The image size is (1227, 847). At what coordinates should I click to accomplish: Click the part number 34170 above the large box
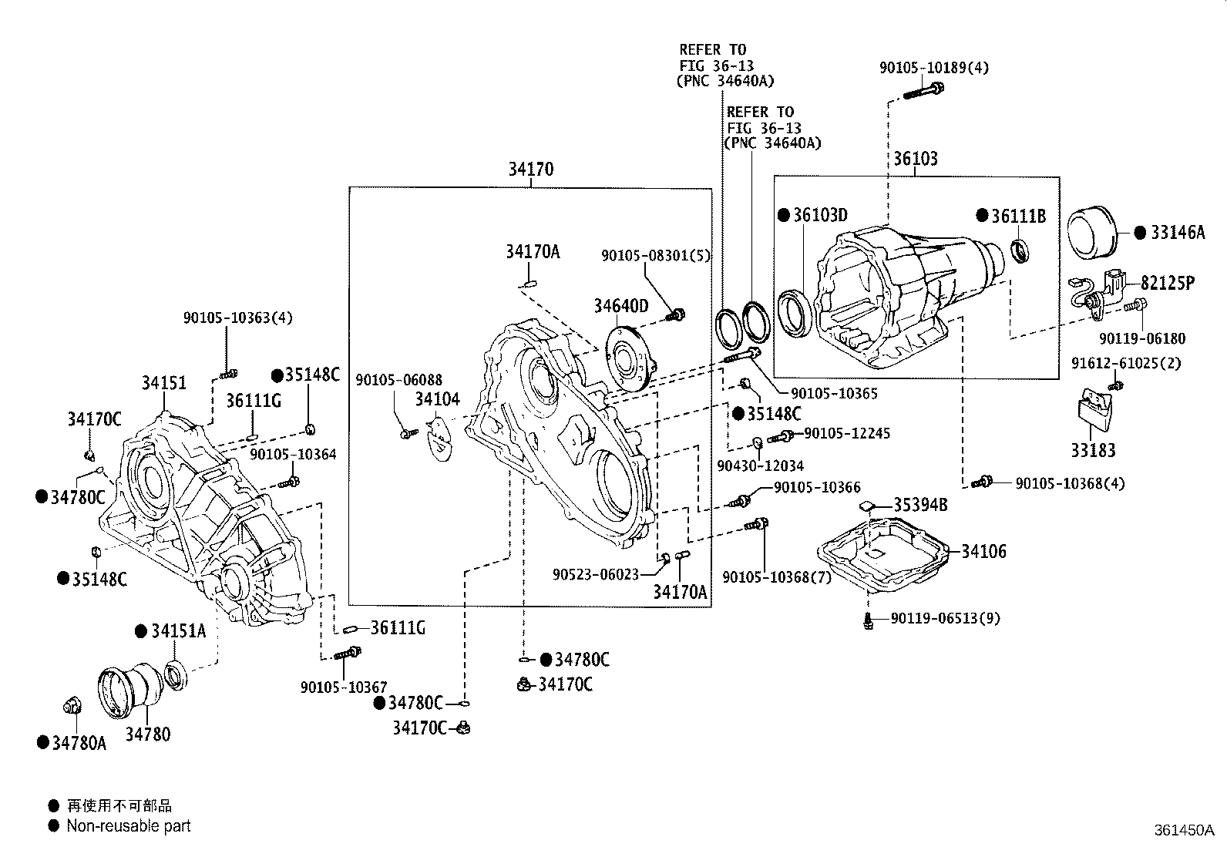click(531, 170)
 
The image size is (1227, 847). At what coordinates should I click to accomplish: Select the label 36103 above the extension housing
click(916, 159)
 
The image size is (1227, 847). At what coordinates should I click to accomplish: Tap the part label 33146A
click(1178, 233)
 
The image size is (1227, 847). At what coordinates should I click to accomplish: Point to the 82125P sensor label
click(1168, 284)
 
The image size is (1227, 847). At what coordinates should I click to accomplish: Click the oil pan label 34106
click(983, 551)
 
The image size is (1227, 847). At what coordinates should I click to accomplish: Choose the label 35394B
click(920, 505)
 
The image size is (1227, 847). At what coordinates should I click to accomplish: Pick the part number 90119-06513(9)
click(945, 618)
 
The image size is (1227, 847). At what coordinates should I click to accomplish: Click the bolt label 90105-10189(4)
click(934, 68)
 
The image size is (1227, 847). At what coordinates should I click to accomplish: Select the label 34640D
click(621, 306)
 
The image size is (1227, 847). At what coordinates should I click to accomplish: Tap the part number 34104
click(437, 399)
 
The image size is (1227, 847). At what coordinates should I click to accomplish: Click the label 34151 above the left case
click(164, 382)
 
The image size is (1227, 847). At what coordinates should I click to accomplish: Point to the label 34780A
click(79, 743)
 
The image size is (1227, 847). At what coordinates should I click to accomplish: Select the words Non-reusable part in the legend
click(128, 825)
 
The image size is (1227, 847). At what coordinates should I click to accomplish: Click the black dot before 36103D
click(784, 215)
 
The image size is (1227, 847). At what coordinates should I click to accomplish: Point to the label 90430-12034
click(760, 466)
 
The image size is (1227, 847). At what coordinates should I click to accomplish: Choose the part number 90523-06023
click(596, 574)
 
